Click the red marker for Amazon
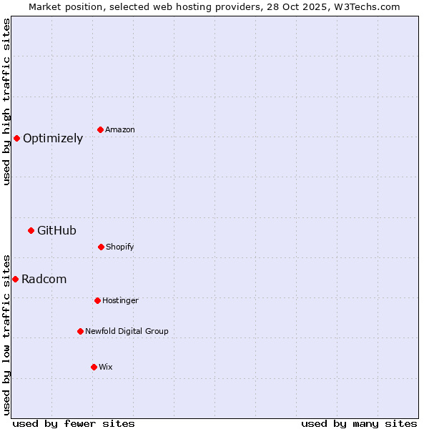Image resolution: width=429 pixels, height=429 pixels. pyautogui.click(x=100, y=129)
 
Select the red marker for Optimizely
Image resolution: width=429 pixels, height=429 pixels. pyautogui.click(x=16, y=138)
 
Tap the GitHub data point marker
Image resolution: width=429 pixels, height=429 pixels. pyautogui.click(x=31, y=230)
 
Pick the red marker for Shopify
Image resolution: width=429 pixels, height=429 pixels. pyautogui.click(x=101, y=247)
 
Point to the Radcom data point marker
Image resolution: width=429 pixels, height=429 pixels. pyautogui.click(x=15, y=279)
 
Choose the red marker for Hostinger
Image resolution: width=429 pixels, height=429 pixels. pyautogui.click(x=97, y=300)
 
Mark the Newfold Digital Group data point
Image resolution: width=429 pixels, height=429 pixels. pyautogui.click(x=80, y=331)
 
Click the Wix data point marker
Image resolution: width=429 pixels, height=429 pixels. pyautogui.click(x=94, y=367)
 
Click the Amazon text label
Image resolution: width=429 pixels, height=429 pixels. pyautogui.click(x=120, y=129)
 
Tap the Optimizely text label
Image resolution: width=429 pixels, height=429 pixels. pyautogui.click(x=53, y=139)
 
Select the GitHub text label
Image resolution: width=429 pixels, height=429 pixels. pyautogui.click(x=56, y=230)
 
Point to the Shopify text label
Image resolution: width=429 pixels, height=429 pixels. pyautogui.click(x=120, y=247)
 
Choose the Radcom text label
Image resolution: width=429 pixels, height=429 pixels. pyautogui.click(x=44, y=279)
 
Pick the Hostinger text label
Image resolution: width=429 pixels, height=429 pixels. pyautogui.click(x=120, y=300)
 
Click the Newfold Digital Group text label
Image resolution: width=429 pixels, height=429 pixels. pyautogui.click(x=127, y=331)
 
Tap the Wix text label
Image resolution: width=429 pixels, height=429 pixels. pyautogui.click(x=106, y=367)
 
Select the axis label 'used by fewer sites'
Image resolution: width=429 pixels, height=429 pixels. pyautogui.click(x=74, y=423)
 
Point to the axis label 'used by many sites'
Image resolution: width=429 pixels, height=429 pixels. pyautogui.click(x=359, y=423)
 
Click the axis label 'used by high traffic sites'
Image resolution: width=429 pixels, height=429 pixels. pyautogui.click(x=6, y=102)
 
